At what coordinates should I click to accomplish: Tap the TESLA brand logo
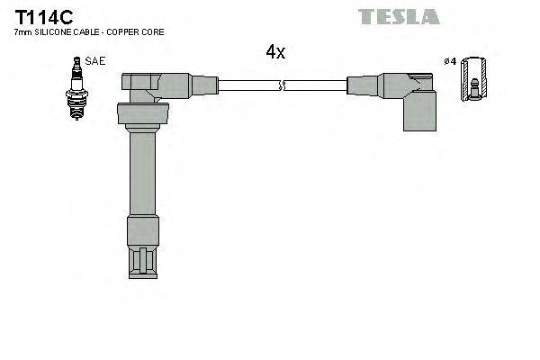pos(398,16)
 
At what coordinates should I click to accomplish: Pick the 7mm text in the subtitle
pos(22,32)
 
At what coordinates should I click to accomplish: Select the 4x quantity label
pos(274,52)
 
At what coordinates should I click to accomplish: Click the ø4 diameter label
pos(450,61)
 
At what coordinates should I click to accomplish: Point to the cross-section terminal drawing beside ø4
pos(474,82)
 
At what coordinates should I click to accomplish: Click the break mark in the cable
pos(283,86)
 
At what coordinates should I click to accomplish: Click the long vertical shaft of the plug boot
pos(142,171)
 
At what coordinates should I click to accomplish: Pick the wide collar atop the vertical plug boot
pos(142,114)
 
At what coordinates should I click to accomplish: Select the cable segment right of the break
pos(315,86)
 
